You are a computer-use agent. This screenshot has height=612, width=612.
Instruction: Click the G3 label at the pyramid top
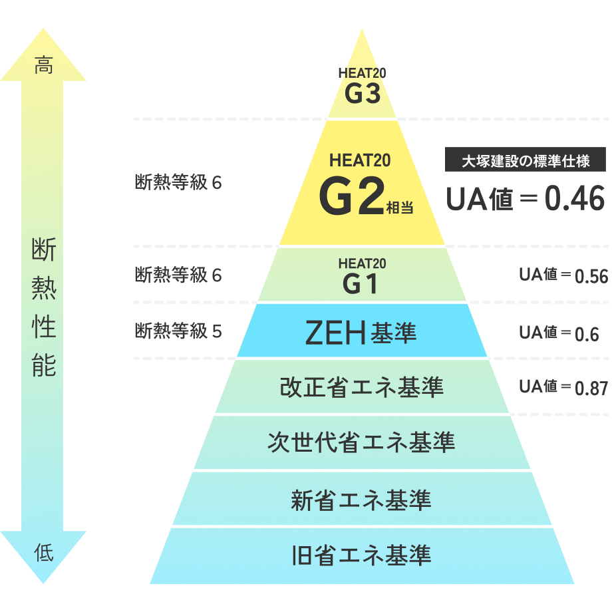(363, 94)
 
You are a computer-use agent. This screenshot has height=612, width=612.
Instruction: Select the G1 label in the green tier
(361, 285)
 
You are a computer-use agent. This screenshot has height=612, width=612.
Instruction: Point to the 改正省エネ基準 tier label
(361, 386)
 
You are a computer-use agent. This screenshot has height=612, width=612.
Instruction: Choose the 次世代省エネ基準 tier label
(361, 442)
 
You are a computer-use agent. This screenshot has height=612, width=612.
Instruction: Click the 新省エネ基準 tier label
(361, 499)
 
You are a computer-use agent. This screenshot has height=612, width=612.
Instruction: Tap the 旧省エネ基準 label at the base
(361, 554)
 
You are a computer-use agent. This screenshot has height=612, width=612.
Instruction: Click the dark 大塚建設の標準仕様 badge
(526, 160)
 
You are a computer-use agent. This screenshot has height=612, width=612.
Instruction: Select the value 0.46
(575, 199)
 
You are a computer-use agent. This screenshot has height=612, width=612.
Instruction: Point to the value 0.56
(591, 277)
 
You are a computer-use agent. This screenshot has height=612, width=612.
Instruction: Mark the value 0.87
(591, 388)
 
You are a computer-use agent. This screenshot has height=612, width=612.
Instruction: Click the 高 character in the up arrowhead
(44, 66)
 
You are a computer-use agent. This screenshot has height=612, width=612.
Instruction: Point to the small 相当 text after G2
(400, 208)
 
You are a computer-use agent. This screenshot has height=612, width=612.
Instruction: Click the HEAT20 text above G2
(360, 160)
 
